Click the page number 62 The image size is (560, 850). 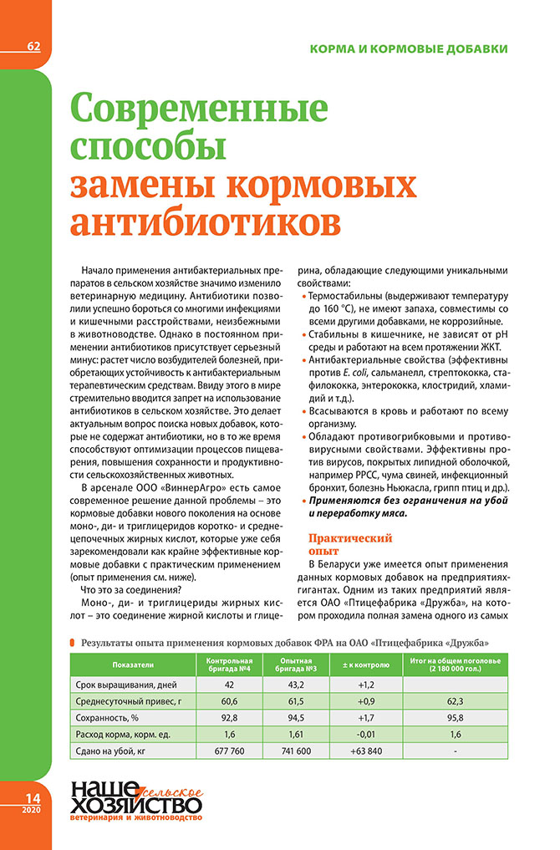coord(33,46)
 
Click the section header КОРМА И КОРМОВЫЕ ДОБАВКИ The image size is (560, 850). coord(408,49)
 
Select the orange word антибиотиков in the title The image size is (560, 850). coord(206,221)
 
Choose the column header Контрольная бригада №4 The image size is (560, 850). coord(229,665)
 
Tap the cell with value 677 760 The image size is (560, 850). coord(229,751)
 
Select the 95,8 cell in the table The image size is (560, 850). coord(456,717)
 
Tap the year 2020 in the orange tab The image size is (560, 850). coord(32,811)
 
